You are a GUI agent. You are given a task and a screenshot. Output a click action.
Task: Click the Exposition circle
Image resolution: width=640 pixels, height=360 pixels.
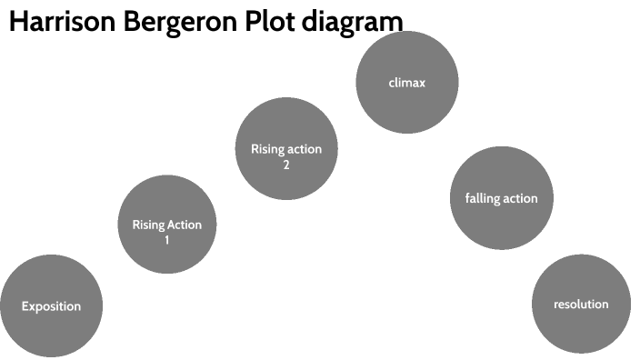click(51, 306)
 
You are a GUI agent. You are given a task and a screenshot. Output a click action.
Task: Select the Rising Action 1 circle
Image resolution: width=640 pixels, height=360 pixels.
click(167, 225)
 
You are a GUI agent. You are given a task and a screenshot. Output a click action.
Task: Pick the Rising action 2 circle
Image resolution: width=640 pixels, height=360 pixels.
click(286, 149)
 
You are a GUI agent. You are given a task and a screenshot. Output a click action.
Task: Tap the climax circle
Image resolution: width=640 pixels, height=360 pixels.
click(406, 82)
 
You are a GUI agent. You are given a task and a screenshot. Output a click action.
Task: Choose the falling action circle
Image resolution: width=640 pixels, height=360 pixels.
click(501, 197)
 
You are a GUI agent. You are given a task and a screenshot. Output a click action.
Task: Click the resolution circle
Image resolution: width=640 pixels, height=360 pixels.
click(581, 304)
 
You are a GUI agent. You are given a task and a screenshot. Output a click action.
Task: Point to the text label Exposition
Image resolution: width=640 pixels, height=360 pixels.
click(51, 306)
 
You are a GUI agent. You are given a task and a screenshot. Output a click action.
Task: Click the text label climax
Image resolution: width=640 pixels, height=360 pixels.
click(406, 83)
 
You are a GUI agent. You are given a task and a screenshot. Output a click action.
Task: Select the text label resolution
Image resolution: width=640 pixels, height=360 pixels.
click(581, 304)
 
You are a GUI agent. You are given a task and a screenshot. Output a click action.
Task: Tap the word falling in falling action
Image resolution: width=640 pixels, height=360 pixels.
click(480, 197)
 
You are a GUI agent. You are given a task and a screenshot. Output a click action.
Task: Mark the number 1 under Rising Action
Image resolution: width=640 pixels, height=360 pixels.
click(167, 240)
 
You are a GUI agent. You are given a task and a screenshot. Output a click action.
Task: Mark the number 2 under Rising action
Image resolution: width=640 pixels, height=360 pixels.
click(286, 165)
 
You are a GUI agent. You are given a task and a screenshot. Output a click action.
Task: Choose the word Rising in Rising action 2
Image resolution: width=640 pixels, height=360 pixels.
click(267, 149)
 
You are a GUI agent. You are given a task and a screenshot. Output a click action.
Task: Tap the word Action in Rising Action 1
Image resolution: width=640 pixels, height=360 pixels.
click(185, 225)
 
